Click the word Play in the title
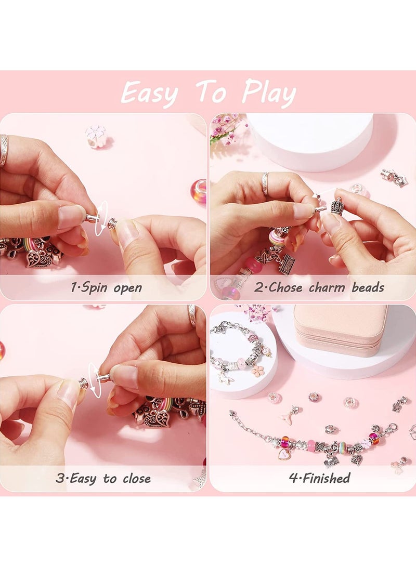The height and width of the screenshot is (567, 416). point(269,94)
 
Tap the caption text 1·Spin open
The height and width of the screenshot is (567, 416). point(106,287)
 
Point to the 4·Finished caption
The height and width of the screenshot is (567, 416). point(319,478)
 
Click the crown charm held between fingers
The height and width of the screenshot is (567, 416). point(337,206)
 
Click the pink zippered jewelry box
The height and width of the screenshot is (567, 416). point(341,329)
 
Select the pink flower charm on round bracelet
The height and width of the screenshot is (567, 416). point(257,371)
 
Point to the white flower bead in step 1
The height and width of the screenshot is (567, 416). point(96,136)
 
